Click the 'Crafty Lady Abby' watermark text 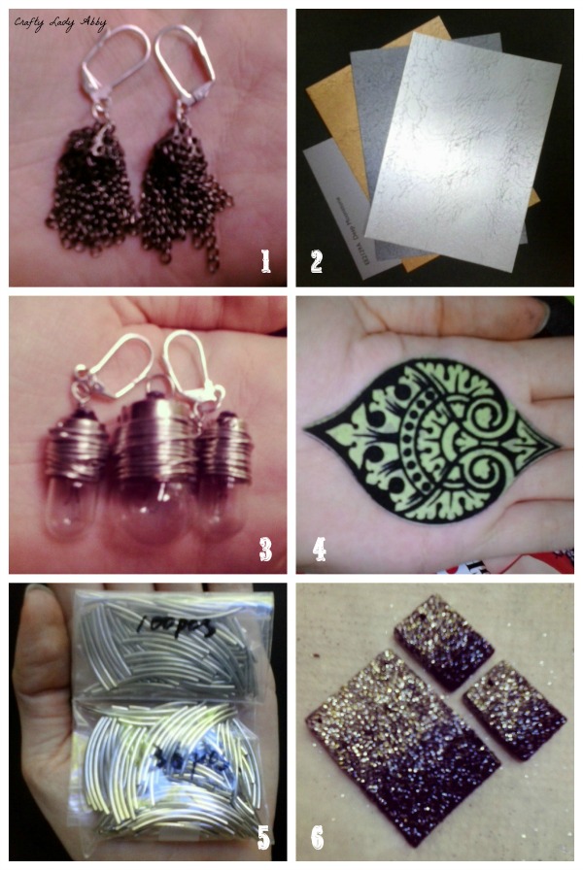[x=60, y=21]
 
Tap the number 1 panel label [x=259, y=259]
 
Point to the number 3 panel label [x=263, y=549]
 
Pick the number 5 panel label [x=262, y=837]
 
